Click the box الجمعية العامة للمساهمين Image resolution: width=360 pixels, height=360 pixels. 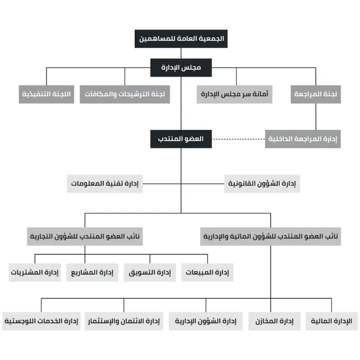(181, 38)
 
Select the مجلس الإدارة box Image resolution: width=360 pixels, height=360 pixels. (181, 67)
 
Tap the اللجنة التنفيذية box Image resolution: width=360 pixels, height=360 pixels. (47, 94)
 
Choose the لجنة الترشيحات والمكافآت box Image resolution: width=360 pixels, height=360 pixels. (124, 94)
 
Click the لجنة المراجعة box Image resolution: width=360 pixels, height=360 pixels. (316, 94)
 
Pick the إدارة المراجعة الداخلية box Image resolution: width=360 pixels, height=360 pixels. (303, 139)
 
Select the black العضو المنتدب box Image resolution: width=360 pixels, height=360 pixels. (181, 139)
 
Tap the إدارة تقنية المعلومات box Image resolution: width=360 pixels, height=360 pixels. (105, 184)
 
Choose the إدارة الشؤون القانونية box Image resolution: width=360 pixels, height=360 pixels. (262, 184)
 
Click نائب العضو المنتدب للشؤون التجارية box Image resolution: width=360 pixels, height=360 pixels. (84, 237)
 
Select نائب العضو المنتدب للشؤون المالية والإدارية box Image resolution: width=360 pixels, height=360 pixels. (270, 237)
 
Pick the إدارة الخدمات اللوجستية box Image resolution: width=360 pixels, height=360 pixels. (41, 321)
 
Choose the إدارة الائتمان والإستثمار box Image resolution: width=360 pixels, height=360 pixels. (124, 321)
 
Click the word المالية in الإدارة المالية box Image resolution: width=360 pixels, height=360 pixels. (324, 321)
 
